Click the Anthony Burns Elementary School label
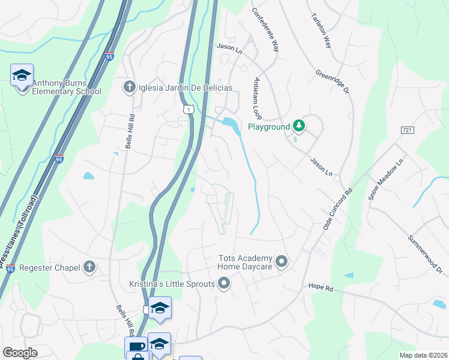point(66,88)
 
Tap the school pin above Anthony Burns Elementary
point(22,76)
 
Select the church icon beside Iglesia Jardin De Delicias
point(128,88)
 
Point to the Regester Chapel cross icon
point(89,267)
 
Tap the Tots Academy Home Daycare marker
point(282,262)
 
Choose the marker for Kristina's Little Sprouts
point(224,283)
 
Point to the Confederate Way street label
point(265,30)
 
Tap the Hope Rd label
point(320,287)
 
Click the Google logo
point(20,353)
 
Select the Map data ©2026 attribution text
point(423,355)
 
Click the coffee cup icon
point(135,347)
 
